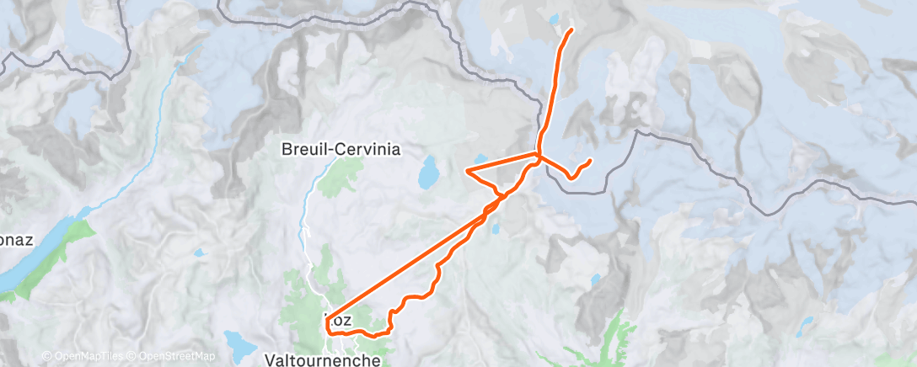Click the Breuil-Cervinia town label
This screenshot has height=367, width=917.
coord(341,149)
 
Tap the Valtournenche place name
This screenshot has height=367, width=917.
coord(322,359)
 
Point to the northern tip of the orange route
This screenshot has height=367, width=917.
coord(572,30)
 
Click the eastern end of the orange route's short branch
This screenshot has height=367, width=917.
coord(590,160)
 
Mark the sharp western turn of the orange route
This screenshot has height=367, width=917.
coord(467,171)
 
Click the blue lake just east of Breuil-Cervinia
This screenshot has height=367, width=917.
coord(429,174)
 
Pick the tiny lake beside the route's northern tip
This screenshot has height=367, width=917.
coord(553,18)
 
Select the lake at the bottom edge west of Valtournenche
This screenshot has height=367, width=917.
coord(242,348)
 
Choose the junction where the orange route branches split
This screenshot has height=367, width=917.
coord(539,155)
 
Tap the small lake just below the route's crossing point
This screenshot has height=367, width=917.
coord(496,226)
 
